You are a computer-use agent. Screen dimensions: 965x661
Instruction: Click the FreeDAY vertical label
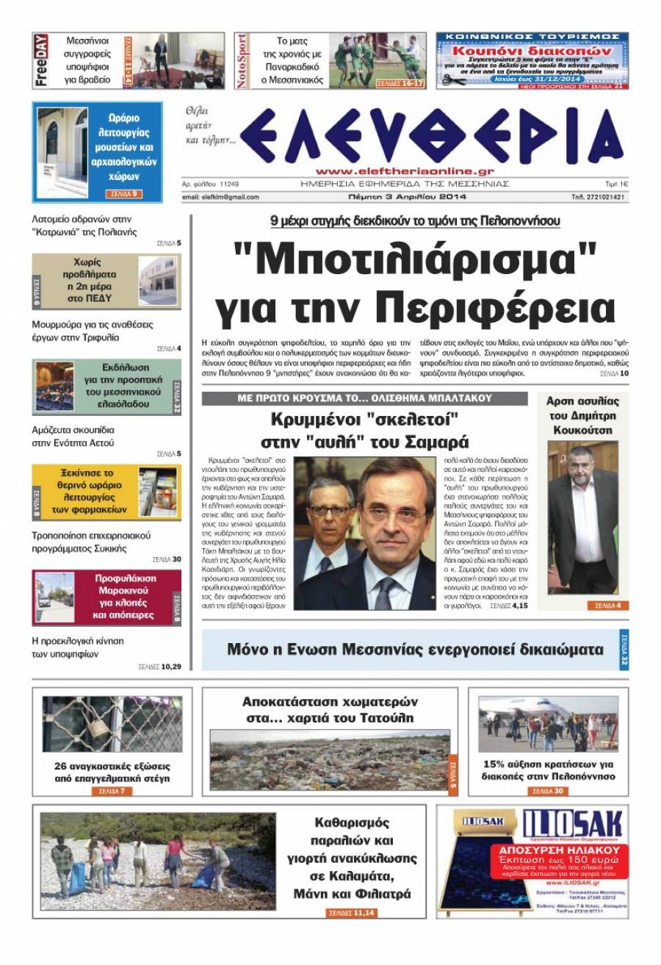[x=41, y=60]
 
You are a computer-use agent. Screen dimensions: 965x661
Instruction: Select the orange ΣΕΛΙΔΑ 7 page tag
[x=111, y=791]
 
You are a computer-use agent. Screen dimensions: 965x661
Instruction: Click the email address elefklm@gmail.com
[x=220, y=197]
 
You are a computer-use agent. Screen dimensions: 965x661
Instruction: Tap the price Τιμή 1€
[x=615, y=184]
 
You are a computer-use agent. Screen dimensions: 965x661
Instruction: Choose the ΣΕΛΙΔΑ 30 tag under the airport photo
[x=548, y=791]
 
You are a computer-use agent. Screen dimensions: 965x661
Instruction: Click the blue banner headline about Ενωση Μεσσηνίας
[x=415, y=650]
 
